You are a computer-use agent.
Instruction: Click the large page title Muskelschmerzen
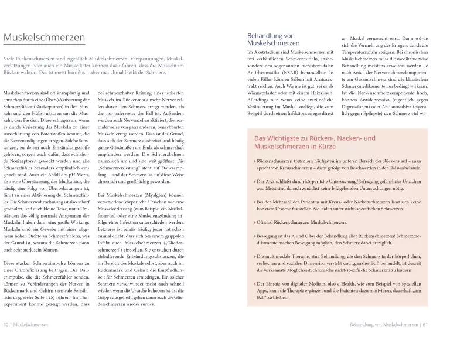[x=45, y=38]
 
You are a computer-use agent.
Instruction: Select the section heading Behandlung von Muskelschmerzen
[x=274, y=39]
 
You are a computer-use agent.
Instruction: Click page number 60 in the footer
[x=6, y=341]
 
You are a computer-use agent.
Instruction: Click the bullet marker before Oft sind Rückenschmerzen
[x=254, y=223]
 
